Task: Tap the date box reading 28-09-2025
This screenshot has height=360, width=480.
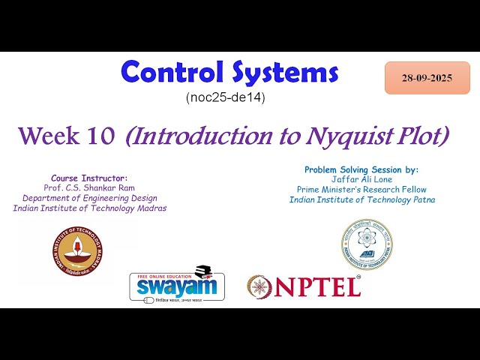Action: (427, 78)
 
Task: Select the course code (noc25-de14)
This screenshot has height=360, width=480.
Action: (225, 97)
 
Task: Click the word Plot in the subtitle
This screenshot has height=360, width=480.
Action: (421, 136)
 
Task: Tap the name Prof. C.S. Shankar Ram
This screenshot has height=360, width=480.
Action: (90, 187)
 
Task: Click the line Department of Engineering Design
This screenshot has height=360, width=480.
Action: (90, 197)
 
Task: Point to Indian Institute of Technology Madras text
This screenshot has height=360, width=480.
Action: (90, 208)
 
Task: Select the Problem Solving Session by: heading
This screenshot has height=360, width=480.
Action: (361, 169)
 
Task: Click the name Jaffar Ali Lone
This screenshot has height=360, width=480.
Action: (362, 179)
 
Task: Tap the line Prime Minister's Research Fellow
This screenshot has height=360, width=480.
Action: (362, 189)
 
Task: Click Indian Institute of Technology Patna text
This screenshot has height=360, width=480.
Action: (362, 199)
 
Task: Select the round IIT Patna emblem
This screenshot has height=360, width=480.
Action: (366, 244)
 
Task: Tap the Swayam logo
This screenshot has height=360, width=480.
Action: (176, 283)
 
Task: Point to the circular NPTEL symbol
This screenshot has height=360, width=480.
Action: (260, 286)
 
